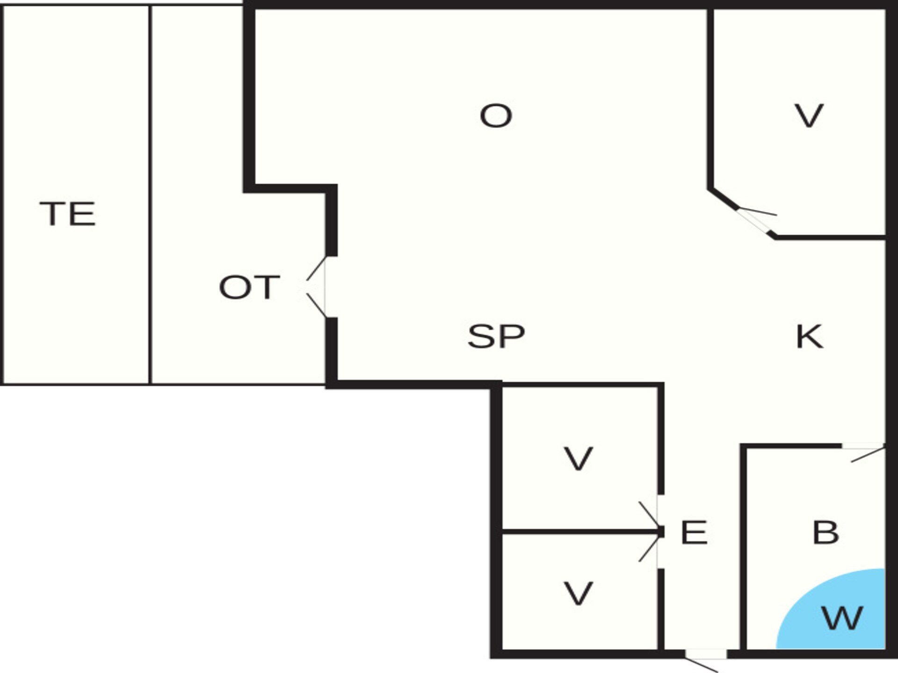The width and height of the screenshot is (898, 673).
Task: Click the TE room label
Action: [68, 214]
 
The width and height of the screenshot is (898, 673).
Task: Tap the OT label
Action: [249, 287]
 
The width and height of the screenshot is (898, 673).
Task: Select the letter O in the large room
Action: [496, 115]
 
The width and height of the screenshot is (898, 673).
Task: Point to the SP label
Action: [496, 336]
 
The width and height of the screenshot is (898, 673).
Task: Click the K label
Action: [809, 336]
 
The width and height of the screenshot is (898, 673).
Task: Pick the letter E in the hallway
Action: [694, 532]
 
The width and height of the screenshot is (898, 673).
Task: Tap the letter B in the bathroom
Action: [826, 532]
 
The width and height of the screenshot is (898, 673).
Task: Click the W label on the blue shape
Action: [842, 618]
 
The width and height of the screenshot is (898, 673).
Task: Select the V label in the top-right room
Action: [809, 115]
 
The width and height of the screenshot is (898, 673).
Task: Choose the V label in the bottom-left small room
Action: [579, 593]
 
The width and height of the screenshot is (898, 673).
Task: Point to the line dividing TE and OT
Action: [150, 194]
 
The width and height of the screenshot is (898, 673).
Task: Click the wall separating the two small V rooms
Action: [580, 532]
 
